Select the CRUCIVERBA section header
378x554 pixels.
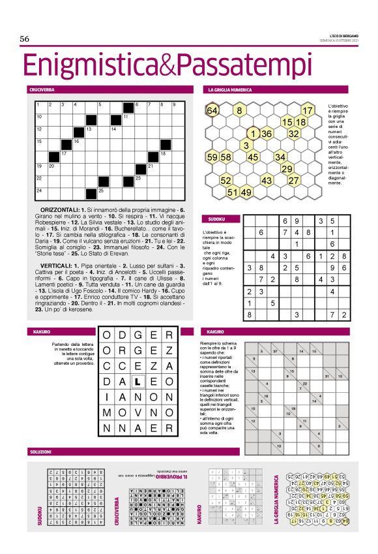point(40,89)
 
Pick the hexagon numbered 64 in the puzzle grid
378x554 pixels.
point(212,110)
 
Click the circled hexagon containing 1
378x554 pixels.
point(254,133)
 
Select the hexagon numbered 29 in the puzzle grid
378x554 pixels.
point(287,168)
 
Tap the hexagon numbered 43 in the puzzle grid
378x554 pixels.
point(266,180)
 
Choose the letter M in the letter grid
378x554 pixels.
point(106,414)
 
